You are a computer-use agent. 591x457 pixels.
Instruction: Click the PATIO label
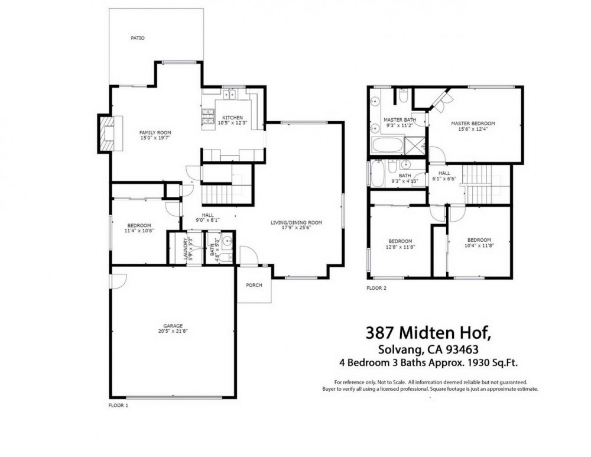(x=138, y=38)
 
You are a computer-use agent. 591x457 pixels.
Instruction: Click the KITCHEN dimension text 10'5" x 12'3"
(x=232, y=122)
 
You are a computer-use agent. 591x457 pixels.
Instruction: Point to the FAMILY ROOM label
(x=155, y=133)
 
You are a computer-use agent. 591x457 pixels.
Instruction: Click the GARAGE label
(x=173, y=326)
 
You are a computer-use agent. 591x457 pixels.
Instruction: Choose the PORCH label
(x=254, y=285)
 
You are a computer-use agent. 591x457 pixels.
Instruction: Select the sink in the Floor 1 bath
(x=227, y=241)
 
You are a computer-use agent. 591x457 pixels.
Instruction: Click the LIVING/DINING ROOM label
(x=296, y=222)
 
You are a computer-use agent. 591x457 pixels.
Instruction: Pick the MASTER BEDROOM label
(x=473, y=124)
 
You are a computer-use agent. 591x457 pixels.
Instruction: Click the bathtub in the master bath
(x=387, y=145)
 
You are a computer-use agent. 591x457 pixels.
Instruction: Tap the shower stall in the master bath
(x=415, y=145)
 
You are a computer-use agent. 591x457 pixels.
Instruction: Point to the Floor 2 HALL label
(x=444, y=173)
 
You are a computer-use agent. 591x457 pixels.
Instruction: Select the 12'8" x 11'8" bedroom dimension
(x=400, y=247)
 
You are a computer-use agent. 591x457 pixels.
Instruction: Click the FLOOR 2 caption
(x=376, y=288)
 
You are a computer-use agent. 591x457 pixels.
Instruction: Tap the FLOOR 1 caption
(x=118, y=406)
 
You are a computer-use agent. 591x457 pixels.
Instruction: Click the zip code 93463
(x=462, y=349)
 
